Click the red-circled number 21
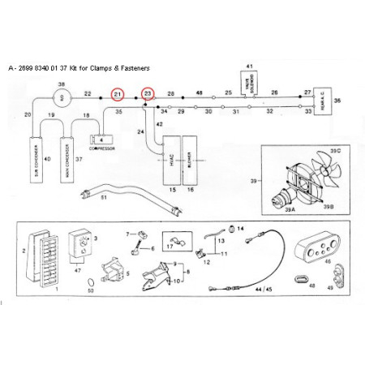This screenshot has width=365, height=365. pyautogui.click(x=118, y=95)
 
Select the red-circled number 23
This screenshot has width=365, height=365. pyautogui.click(x=148, y=95)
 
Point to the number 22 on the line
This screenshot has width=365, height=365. pyautogui.click(x=88, y=94)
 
